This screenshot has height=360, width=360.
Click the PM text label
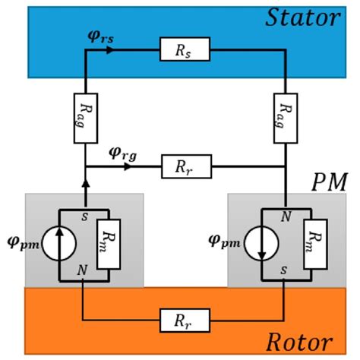click(x=328, y=183)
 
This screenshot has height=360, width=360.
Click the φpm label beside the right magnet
click(x=219, y=245)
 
